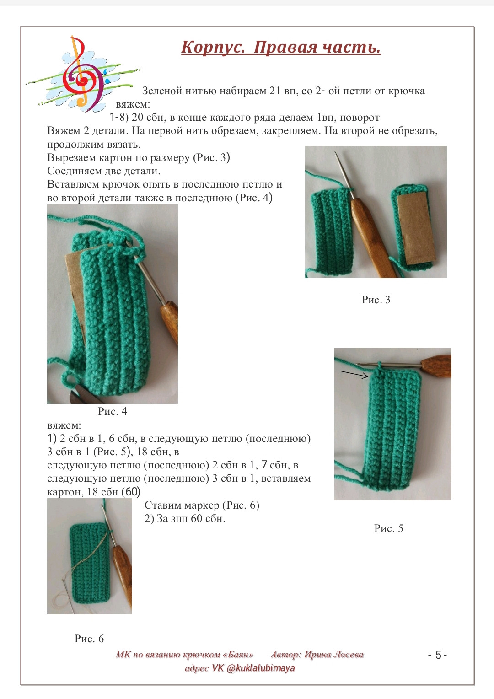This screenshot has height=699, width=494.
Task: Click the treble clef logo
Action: [83, 74]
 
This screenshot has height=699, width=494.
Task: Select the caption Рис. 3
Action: [376, 300]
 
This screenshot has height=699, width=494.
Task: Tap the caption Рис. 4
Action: [113, 411]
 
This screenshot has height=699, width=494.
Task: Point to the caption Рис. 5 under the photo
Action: [388, 528]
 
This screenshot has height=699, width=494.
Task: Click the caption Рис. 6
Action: [89, 639]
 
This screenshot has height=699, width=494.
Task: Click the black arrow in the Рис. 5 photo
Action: [354, 375]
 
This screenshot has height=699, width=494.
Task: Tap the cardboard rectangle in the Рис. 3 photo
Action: [417, 228]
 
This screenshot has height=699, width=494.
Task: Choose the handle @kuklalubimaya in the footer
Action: [261, 668]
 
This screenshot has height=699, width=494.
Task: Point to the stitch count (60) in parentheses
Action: [131, 492]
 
